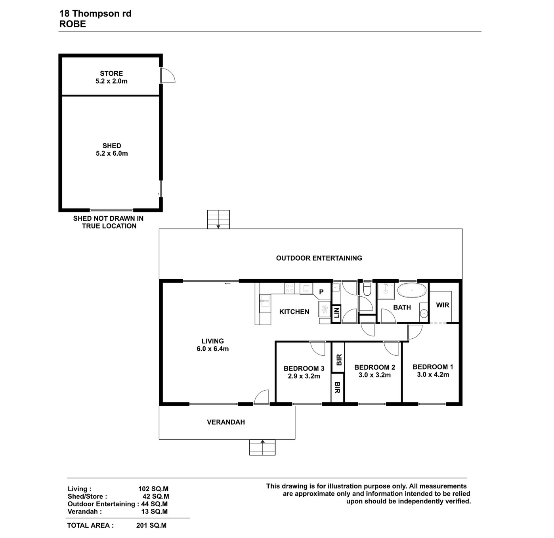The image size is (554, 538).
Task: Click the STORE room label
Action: pos(111,73)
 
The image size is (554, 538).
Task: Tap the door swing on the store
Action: pos(168,75)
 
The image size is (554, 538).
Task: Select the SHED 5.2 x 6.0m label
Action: pos(112,149)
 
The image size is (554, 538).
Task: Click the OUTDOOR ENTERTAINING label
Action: pos(319,258)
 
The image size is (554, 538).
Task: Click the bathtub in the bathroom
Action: pos(412,290)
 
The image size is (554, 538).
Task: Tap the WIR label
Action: pos(442,305)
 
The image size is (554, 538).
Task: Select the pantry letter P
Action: pos(321,292)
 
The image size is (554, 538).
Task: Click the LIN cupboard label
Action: pos(336,313)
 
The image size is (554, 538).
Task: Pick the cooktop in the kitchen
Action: pos(290,288)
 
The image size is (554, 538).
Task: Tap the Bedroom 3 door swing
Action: pos(317,348)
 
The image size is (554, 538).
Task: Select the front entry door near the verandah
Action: pos(261,397)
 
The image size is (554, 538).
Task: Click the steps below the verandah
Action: pos(262,448)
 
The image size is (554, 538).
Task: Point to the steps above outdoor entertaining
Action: pos(218,219)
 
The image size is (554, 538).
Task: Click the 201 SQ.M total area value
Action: pos(151,525)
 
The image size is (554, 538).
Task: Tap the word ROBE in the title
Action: pos(73,24)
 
